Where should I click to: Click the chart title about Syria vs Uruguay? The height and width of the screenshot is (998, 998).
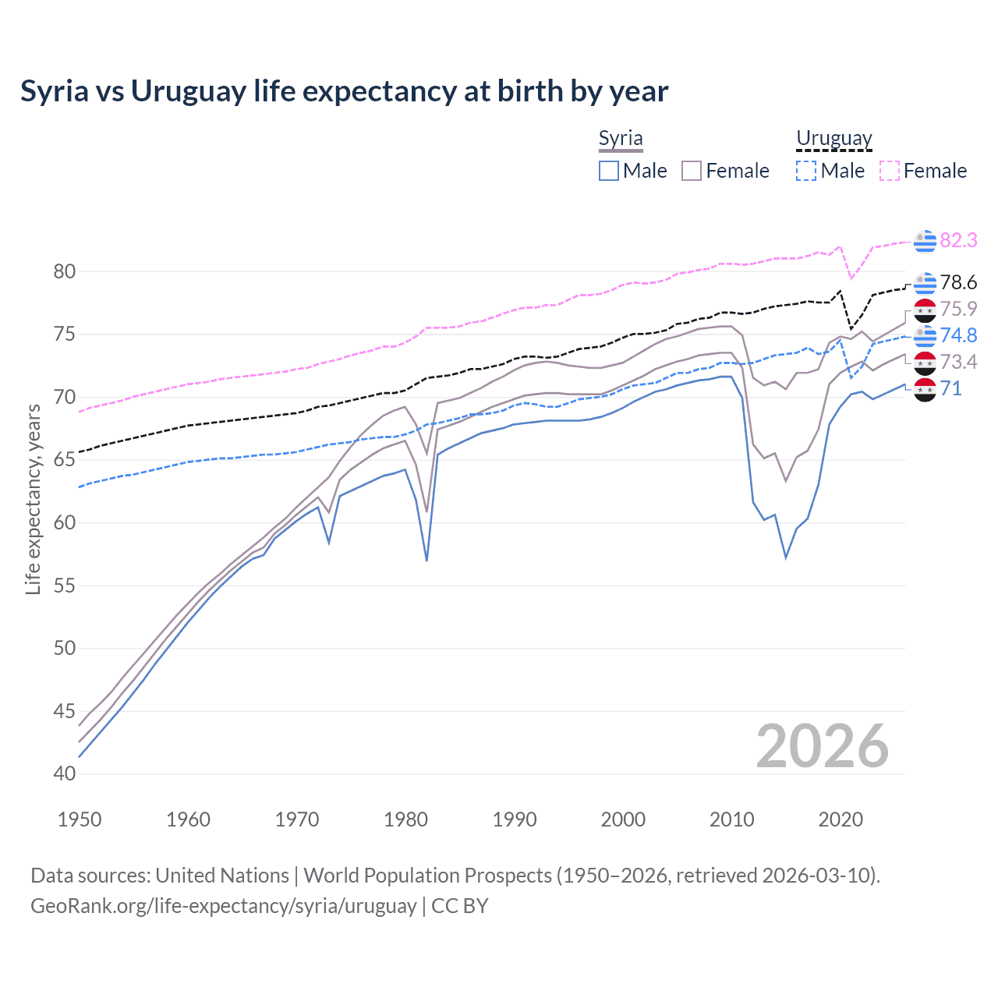[344, 91]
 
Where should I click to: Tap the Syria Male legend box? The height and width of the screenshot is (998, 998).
[609, 171]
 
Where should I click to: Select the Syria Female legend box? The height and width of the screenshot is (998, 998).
[692, 171]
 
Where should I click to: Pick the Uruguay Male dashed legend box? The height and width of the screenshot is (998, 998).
[806, 171]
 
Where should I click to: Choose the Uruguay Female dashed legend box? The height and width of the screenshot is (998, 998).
[890, 171]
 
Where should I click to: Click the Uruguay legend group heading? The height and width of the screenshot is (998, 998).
[833, 139]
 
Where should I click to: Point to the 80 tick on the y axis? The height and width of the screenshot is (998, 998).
[65, 272]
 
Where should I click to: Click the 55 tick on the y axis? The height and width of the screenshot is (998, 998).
[65, 586]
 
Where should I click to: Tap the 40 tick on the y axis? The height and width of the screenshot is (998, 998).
[65, 774]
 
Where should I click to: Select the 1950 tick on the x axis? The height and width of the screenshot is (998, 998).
[80, 819]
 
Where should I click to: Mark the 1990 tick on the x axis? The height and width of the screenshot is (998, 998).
[515, 819]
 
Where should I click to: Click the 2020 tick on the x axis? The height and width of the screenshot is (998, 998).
[841, 819]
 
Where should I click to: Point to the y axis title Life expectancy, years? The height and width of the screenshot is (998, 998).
[33, 499]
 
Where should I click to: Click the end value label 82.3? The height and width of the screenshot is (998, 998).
[958, 240]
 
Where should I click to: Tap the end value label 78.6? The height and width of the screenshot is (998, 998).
[958, 282]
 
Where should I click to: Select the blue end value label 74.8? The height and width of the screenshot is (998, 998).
[958, 335]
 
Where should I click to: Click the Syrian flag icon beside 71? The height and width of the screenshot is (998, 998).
[925, 389]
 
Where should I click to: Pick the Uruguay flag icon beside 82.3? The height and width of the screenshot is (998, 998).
[925, 242]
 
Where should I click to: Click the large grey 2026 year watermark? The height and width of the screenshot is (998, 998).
[822, 746]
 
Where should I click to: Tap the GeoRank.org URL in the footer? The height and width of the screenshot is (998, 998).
[223, 906]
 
